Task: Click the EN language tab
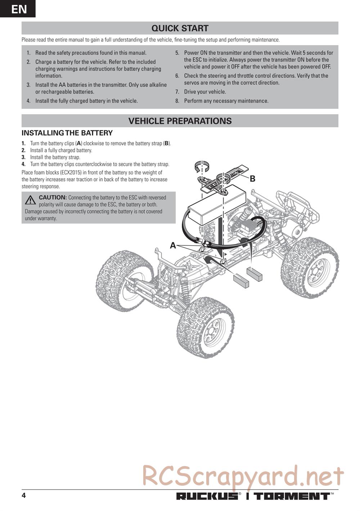click(x=18, y=9)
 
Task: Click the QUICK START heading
click(x=180, y=28)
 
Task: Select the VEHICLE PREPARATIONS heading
click(x=180, y=121)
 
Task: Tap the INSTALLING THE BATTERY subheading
click(x=67, y=133)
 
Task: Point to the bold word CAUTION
click(x=53, y=198)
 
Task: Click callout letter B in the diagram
click(x=252, y=179)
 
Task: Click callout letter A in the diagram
click(x=173, y=245)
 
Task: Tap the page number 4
click(x=24, y=496)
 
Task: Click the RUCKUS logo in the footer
click(x=207, y=497)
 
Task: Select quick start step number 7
click(x=177, y=92)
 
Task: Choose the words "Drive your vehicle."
click(x=205, y=92)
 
